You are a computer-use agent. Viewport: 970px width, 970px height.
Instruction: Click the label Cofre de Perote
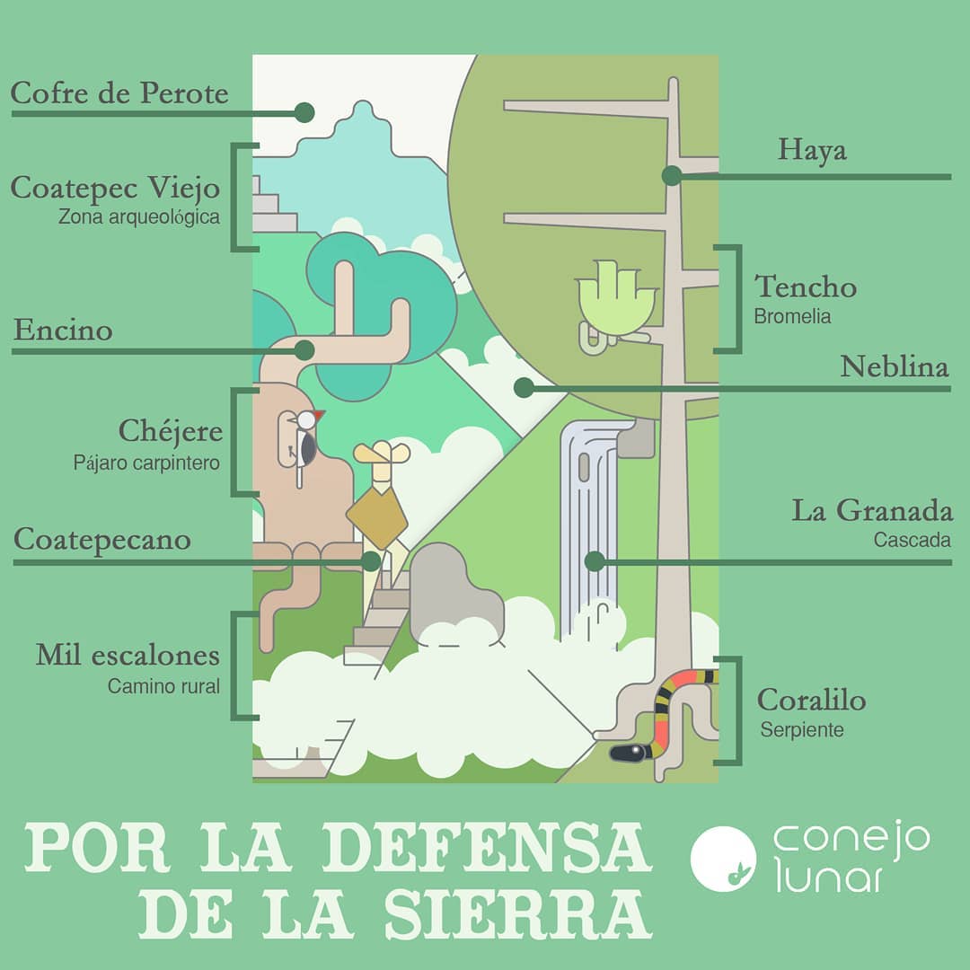point(119,93)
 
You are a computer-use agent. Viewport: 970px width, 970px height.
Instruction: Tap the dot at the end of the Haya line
point(672,176)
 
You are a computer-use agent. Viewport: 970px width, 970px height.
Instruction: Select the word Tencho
point(806,287)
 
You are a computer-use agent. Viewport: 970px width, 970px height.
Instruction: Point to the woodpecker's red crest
point(319,415)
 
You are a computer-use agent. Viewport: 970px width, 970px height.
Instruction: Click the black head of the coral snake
point(629,753)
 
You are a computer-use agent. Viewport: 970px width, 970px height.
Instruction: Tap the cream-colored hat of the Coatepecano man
point(382,453)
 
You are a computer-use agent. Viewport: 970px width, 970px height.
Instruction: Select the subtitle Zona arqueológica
point(139,217)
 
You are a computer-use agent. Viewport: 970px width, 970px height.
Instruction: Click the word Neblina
point(895,366)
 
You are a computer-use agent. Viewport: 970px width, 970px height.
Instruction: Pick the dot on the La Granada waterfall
point(595,561)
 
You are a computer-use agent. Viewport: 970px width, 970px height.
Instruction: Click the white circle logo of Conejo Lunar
point(723,859)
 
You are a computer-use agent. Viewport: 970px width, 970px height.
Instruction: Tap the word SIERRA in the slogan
point(518,915)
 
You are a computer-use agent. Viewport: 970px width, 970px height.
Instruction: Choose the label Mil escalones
point(128,655)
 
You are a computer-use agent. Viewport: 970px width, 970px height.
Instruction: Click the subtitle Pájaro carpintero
point(146,463)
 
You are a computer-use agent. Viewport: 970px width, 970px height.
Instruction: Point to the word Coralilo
point(812,700)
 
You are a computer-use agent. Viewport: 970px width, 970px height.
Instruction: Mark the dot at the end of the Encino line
point(304,351)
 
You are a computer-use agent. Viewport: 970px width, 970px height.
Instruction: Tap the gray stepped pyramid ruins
point(274,205)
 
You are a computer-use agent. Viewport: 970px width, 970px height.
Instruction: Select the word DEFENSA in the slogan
point(487,848)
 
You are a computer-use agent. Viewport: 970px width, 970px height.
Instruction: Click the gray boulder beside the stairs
point(456,594)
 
